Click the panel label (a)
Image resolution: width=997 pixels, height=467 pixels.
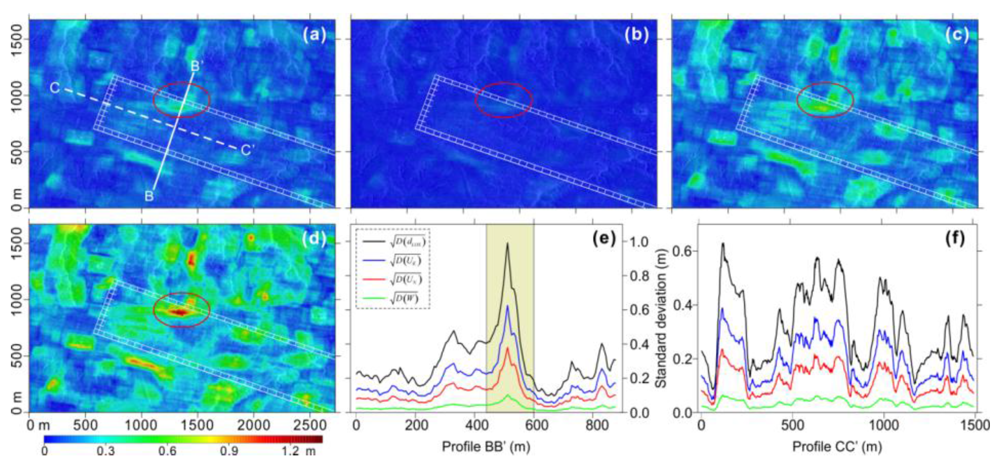314,35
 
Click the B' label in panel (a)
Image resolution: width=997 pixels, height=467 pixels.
197,67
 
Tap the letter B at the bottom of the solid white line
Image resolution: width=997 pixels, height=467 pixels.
149,196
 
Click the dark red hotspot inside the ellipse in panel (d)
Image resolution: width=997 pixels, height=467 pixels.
180,312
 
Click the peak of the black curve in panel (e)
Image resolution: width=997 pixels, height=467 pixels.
507,244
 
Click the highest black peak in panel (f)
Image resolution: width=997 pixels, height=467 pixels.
722,244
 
